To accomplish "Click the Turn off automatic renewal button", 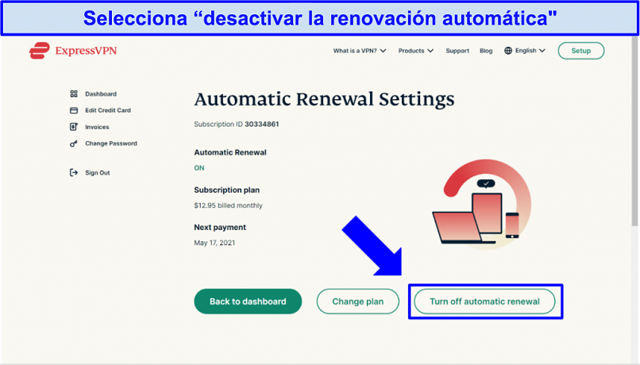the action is [x=484, y=302].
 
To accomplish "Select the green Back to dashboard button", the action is [x=248, y=302].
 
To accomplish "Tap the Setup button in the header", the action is [x=580, y=51].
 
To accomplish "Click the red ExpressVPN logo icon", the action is [x=39, y=51].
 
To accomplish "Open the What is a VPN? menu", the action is [x=360, y=51].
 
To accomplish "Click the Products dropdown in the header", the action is [x=416, y=51].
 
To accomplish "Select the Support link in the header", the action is [x=457, y=51].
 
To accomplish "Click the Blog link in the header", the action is [x=486, y=51].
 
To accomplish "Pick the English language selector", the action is [x=525, y=51].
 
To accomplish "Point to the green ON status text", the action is [x=199, y=168].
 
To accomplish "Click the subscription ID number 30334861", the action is [x=261, y=124].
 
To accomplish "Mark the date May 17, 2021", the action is [x=214, y=243].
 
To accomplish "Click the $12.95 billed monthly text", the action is [x=228, y=206].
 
